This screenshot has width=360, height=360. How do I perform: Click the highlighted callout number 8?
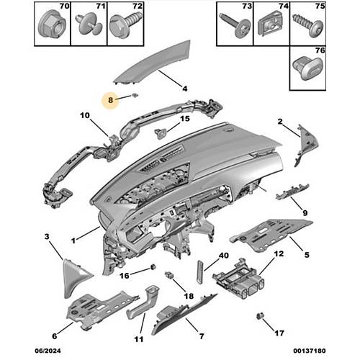tap(110, 100)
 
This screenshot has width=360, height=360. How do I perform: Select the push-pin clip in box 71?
tap(89, 24)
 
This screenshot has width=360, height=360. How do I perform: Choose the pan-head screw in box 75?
tap(308, 25)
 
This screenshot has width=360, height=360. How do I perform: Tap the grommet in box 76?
tap(308, 68)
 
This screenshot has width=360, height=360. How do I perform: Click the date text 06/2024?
tap(48, 351)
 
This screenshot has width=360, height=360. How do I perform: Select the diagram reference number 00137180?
tap(310, 351)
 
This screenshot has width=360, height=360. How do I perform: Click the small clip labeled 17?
tap(259, 316)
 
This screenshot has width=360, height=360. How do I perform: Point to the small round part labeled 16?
tap(153, 267)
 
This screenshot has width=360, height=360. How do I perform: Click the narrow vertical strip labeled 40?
tap(200, 272)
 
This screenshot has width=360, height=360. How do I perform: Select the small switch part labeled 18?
tap(168, 275)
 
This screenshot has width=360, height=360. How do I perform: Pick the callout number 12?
tap(279, 254)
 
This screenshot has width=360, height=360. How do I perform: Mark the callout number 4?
tap(184, 89)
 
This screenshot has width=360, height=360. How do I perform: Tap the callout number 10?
tap(85, 115)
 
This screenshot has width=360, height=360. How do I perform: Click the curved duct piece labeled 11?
tap(142, 303)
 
